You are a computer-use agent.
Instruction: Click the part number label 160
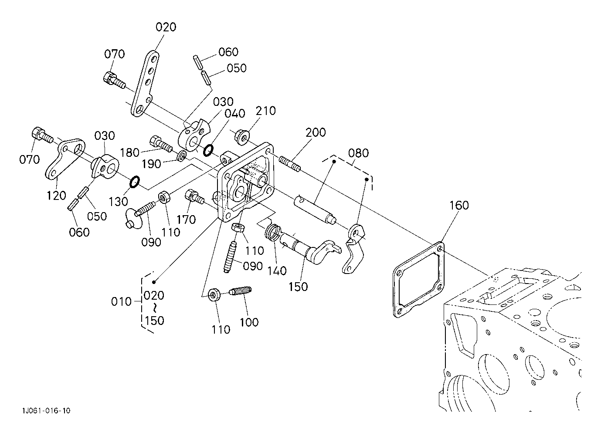(x=459, y=206)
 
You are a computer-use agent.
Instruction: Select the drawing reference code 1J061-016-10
(x=47, y=411)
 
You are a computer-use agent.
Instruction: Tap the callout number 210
(x=265, y=111)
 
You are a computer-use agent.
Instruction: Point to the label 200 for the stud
(x=316, y=132)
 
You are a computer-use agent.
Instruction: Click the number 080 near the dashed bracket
(x=358, y=153)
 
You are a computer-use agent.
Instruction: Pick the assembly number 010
(x=121, y=302)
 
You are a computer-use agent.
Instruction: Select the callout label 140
(x=277, y=271)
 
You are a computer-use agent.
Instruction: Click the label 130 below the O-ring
(x=118, y=201)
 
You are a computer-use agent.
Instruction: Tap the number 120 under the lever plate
(x=56, y=196)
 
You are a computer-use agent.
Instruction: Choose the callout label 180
(x=129, y=152)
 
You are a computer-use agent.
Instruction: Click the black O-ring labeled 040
(x=208, y=150)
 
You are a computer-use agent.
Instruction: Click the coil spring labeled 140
(x=273, y=233)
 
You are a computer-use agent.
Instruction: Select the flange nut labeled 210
(x=242, y=137)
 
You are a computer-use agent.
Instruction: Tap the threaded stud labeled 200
(x=290, y=164)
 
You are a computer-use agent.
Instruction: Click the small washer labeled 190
(x=182, y=156)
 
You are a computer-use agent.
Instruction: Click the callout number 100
(x=249, y=322)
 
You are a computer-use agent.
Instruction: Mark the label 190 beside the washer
(x=151, y=164)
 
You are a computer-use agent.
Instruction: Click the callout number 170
(x=186, y=220)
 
